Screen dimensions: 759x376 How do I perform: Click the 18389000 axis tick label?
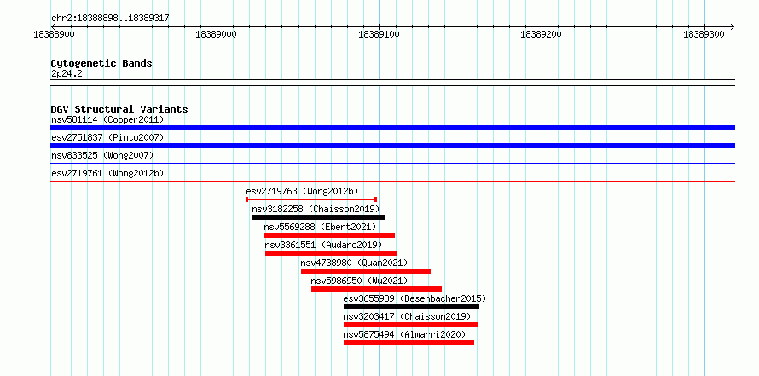point(216,34)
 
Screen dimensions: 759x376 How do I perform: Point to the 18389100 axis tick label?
point(379,34)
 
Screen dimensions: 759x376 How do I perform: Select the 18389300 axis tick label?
point(704,34)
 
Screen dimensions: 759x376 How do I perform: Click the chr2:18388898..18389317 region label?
point(110,19)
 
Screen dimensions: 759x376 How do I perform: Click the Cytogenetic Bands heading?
point(101,63)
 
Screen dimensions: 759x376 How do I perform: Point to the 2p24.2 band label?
point(67,74)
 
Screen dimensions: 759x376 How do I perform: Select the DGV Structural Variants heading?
point(119,109)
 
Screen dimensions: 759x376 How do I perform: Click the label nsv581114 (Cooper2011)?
point(107,119)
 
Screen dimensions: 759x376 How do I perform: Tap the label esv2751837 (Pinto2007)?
point(107,137)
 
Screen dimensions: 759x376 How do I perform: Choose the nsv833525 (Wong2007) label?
point(102,155)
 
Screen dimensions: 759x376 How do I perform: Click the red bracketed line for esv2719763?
point(312,199)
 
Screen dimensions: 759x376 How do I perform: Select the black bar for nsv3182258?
point(318,217)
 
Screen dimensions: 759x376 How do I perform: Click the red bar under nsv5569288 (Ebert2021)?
point(329,235)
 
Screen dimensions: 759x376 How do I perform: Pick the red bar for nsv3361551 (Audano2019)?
point(331,253)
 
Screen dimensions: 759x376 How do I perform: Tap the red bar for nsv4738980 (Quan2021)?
point(366,271)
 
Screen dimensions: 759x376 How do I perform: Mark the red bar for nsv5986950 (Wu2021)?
point(376,289)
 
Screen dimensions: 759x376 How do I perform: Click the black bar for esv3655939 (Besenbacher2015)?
point(411,307)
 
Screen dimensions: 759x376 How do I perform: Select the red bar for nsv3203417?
point(410,325)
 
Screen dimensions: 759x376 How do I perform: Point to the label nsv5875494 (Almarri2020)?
point(405,334)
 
